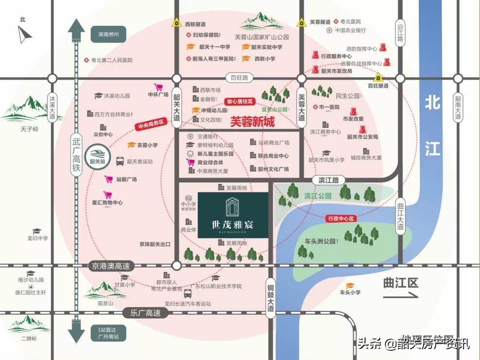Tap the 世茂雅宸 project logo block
(x=233, y=215)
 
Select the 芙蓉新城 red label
(x=252, y=121)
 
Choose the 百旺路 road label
(x=239, y=77)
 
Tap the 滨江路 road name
(x=328, y=180)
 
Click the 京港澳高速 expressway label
(x=109, y=266)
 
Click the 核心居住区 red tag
(x=240, y=102)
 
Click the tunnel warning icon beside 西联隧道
(x=178, y=23)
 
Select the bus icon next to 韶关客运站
(x=120, y=161)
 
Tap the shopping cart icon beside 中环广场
(x=158, y=87)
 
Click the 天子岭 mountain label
(x=29, y=129)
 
